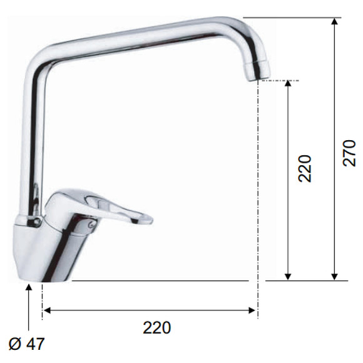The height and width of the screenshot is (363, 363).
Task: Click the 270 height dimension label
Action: tap(349, 153)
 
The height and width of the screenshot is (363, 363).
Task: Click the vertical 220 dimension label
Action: tap(305, 168)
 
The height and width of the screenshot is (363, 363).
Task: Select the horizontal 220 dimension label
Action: tap(157, 327)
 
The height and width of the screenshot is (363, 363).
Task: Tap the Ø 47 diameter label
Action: tap(26, 344)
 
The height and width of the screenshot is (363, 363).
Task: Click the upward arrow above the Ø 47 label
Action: tap(29, 307)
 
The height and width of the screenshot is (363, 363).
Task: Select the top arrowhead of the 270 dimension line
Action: tap(334, 21)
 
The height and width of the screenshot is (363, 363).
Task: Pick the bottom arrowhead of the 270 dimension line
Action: tap(334, 277)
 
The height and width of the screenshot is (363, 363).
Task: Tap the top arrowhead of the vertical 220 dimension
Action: tap(288, 84)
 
